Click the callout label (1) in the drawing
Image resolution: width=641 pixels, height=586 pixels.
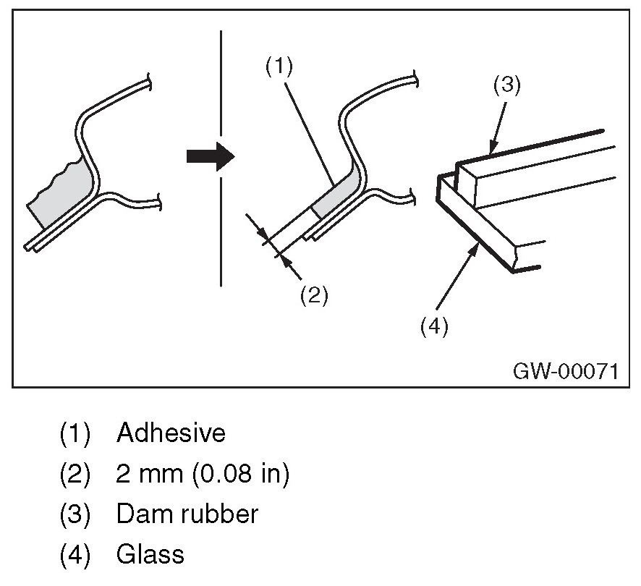[278, 67]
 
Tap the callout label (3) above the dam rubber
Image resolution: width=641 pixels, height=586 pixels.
[507, 85]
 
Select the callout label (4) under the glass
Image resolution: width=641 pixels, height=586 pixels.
[434, 326]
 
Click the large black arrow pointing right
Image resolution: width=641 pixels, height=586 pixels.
[211, 156]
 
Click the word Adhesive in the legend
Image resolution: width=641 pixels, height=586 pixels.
[171, 433]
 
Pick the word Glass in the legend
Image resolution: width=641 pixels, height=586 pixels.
[150, 555]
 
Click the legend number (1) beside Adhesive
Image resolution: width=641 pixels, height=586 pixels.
[75, 433]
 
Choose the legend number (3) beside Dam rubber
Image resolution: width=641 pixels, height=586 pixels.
[75, 514]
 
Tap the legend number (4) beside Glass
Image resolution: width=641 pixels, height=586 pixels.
[75, 555]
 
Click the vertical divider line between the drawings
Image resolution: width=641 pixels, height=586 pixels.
[221, 159]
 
